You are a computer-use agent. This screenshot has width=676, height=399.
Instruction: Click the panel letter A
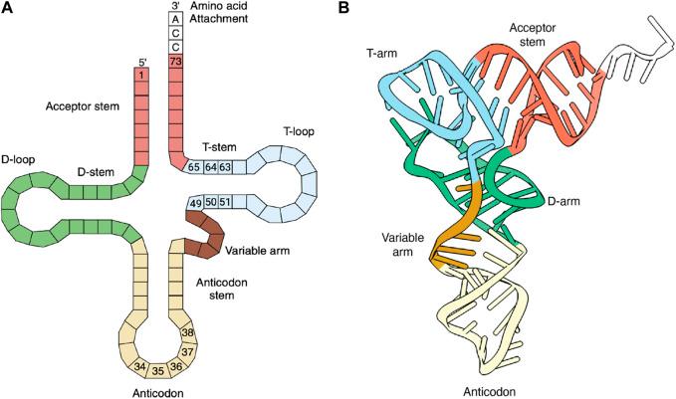click(9, 9)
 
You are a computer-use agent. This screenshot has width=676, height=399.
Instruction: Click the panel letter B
click(343, 9)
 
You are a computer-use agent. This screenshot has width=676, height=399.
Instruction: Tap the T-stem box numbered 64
click(210, 166)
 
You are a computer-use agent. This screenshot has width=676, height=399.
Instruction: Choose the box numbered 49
click(195, 204)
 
